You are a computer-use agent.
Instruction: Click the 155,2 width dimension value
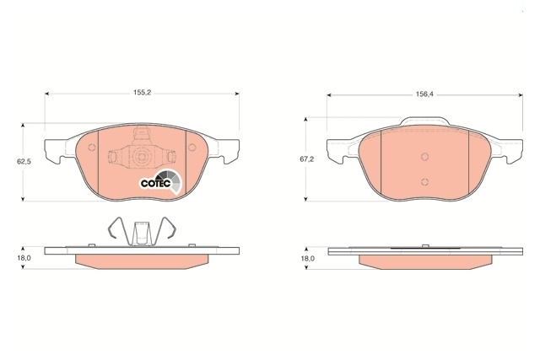[x=143, y=92]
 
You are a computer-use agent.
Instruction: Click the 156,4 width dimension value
[x=424, y=94]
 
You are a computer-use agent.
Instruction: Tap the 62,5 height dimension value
[x=24, y=161]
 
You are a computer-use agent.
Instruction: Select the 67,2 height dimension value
[x=306, y=159]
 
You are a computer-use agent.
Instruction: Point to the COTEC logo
[x=160, y=182]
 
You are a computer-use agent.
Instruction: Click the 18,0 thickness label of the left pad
[x=25, y=258]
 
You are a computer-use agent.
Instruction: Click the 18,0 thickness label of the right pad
[x=308, y=258]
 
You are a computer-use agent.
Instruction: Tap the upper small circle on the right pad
[x=424, y=157]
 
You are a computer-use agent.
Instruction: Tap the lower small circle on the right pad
[x=424, y=182]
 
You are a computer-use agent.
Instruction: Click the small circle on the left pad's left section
[x=92, y=148]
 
